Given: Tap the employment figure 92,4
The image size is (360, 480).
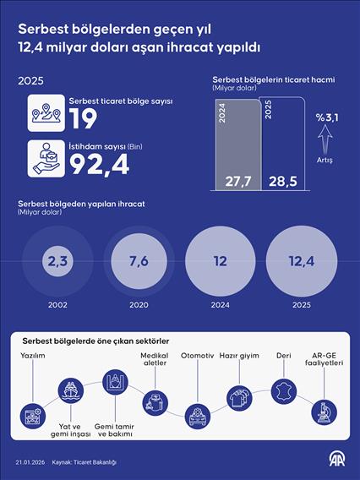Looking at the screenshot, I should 99,164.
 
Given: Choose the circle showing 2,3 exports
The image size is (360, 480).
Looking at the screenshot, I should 57,261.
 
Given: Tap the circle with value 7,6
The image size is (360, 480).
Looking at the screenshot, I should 139,261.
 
